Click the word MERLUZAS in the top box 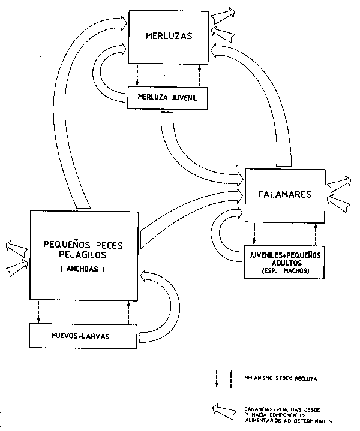[169, 36]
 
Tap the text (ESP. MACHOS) [285, 270]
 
